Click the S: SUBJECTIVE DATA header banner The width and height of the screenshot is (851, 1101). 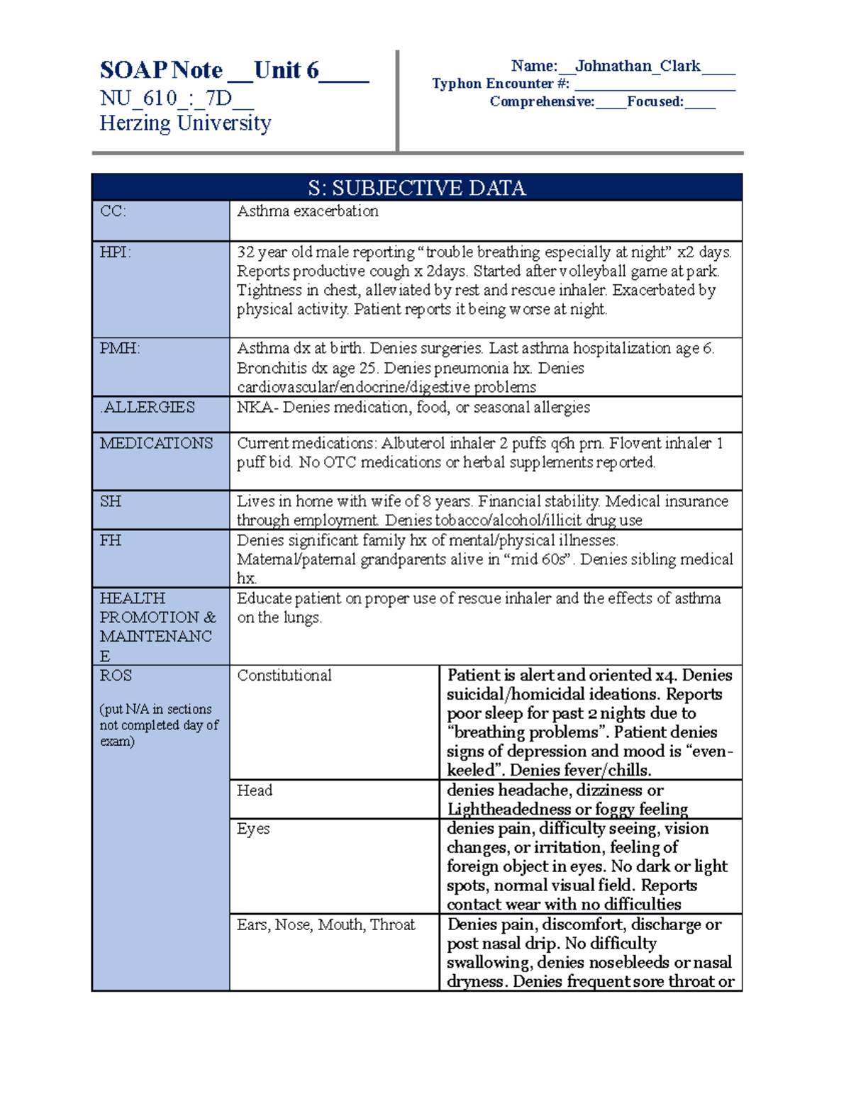416,188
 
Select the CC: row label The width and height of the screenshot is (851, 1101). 113,211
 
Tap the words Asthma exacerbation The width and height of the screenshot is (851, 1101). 307,211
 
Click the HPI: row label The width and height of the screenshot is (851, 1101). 115,252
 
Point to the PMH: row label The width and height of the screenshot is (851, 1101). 119,348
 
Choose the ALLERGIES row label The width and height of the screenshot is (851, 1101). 149,407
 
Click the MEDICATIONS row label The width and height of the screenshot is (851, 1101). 156,443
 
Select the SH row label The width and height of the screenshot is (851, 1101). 110,501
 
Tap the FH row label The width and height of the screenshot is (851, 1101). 110,540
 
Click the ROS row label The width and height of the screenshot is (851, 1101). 115,675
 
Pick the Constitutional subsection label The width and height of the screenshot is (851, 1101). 284,675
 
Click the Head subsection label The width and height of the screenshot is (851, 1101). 254,790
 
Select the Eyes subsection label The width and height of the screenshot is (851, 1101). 253,829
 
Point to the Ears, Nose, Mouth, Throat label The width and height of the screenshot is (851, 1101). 326,924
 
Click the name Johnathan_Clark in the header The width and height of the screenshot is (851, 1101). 638,66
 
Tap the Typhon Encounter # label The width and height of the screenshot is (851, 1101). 501,84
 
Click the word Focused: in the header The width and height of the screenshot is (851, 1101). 655,101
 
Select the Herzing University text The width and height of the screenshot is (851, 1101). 185,123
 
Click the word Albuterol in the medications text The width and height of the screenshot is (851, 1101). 414,443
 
